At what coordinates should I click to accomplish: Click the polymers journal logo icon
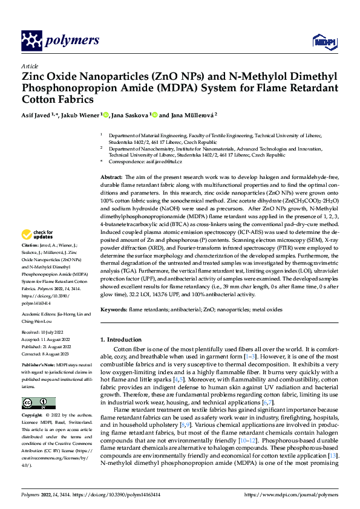coord(33,41)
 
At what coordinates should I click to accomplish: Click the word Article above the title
coord(30,66)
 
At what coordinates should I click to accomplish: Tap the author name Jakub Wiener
coord(81,115)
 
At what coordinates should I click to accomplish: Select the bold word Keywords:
coord(114,310)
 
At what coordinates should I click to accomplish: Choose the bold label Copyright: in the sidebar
coord(33,416)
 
